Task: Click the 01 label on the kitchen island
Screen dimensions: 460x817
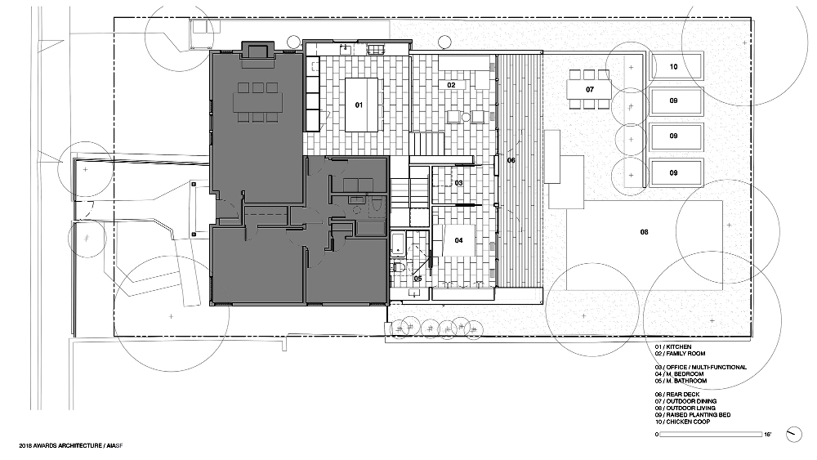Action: click(x=358, y=105)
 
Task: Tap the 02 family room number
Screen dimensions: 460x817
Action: click(x=450, y=85)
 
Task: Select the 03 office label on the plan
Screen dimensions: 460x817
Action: click(x=458, y=183)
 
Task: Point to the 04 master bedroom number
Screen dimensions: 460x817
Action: click(x=458, y=240)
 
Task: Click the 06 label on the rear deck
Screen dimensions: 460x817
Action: click(x=511, y=160)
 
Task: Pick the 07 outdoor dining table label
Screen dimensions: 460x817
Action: click(x=588, y=88)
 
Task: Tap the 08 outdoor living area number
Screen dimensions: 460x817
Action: click(x=644, y=233)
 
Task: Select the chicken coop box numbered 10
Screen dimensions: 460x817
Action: click(x=674, y=67)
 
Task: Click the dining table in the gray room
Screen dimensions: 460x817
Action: click(x=257, y=102)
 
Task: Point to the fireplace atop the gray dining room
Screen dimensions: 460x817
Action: click(x=257, y=50)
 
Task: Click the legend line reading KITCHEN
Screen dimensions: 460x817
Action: click(x=673, y=346)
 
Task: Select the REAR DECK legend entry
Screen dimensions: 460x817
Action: click(x=677, y=395)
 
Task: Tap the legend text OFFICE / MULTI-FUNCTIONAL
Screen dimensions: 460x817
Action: click(x=700, y=368)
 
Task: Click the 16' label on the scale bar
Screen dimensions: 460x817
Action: click(x=767, y=435)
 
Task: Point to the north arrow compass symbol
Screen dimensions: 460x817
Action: click(x=792, y=434)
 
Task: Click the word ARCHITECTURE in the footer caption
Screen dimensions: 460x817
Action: click(x=78, y=446)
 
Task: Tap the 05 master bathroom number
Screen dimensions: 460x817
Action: click(x=417, y=278)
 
